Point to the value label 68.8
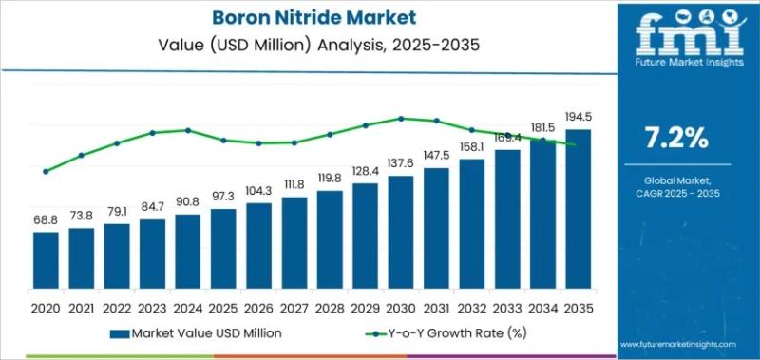46,220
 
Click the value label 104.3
258,191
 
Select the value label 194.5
579,118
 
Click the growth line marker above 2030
401,119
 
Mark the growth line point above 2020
46,172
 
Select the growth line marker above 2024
188,130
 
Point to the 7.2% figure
676,139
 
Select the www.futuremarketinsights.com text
676,344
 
